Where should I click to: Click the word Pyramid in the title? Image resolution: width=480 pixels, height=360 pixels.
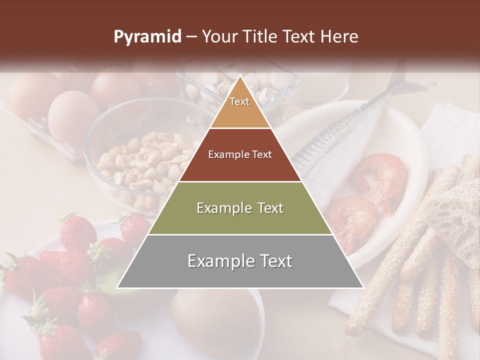tap(147, 37)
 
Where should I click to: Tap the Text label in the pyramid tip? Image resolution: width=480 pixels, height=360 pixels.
tap(239, 101)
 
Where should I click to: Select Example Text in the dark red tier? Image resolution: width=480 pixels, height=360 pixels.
tap(240, 155)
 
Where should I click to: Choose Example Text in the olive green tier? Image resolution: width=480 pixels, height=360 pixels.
tap(240, 208)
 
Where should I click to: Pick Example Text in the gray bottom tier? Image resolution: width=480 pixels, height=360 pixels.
tap(240, 261)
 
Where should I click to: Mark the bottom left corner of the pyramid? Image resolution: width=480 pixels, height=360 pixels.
tap(117, 287)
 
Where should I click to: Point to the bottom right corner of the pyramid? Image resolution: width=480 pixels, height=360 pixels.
tap(363, 287)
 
